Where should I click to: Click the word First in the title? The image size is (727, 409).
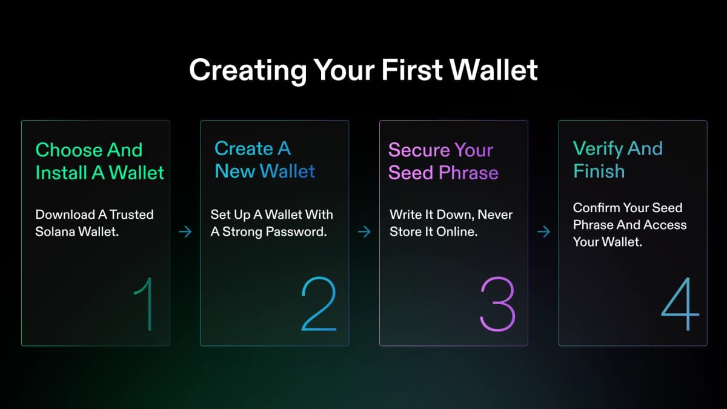(412, 70)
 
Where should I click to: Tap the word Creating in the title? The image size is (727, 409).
(248, 71)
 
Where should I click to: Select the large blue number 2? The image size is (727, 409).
(319, 304)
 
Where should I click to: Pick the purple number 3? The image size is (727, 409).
(497, 304)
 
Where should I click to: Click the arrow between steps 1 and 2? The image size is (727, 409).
(185, 231)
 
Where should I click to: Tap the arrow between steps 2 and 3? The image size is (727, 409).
(365, 231)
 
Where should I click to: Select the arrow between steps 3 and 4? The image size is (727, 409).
(543, 231)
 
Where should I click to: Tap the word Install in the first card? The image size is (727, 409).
(61, 173)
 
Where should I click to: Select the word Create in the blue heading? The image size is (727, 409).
(244, 148)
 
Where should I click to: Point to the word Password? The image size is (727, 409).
(296, 231)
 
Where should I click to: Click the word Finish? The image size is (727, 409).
(599, 171)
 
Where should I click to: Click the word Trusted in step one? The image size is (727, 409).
(131, 214)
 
